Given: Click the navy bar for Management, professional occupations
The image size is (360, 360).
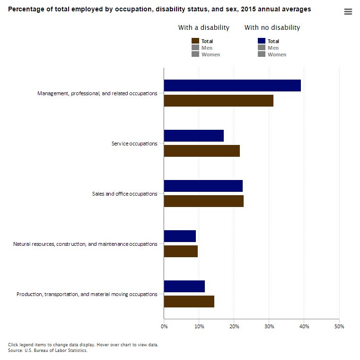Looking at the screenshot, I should point(232,85).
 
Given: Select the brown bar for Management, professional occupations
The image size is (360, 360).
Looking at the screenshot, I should point(219,100).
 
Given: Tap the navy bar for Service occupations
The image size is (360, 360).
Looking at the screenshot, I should point(193,135).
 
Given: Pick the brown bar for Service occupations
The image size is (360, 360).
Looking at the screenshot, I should point(202,151).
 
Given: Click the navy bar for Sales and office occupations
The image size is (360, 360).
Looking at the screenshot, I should point(203,186).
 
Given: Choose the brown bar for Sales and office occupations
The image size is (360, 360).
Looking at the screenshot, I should point(203,201).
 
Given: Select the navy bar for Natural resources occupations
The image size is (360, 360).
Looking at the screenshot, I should point(180,236).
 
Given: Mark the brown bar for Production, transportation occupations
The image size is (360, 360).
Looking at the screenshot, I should point(189,301).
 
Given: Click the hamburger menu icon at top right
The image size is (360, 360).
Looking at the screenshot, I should point(348,12).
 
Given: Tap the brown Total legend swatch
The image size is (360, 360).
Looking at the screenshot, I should point(195,41).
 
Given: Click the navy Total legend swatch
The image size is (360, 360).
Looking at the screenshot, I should point(262,41).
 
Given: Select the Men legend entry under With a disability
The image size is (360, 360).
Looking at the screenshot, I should point(207,48).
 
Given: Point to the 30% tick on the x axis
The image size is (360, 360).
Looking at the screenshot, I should point(269,326).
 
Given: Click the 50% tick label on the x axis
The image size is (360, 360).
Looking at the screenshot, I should point(339,326).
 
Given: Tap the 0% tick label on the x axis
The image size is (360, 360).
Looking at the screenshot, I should point(164,326).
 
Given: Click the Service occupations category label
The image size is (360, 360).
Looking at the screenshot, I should point(134,144).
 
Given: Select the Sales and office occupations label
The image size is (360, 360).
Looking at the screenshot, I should point(124,194).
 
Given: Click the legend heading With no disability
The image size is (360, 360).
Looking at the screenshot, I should point(272,28).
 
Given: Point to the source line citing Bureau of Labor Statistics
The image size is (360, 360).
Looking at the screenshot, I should point(48,351).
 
